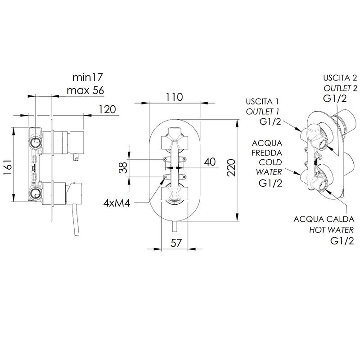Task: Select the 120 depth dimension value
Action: pyautogui.click(x=107, y=109)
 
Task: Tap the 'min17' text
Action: pyautogui.click(x=87, y=77)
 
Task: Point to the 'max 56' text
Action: pyautogui.click(x=85, y=90)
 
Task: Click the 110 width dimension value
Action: pyautogui.click(x=174, y=97)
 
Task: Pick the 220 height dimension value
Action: pyautogui.click(x=231, y=167)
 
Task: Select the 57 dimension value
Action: pyautogui.click(x=176, y=243)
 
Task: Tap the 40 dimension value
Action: pyautogui.click(x=210, y=162)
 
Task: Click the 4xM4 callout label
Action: pyautogui.click(x=117, y=203)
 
